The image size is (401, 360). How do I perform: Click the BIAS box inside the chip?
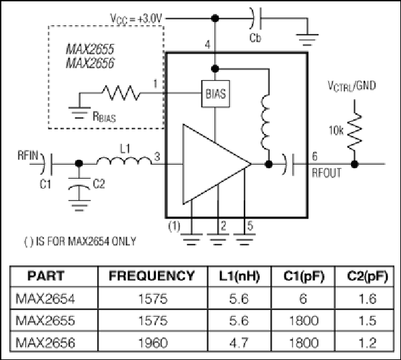[215, 93]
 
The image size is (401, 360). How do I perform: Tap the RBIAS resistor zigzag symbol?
[121, 93]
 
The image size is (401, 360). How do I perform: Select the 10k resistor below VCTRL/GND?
[354, 132]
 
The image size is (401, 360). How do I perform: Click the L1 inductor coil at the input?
[124, 161]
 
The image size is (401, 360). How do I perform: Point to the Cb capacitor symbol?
[256, 19]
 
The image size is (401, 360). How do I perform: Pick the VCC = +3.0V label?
[136, 19]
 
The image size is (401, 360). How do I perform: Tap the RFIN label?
[28, 155]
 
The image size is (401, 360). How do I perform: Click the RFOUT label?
[326, 173]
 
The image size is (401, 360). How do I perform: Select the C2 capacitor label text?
[99, 184]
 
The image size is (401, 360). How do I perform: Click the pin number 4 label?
[208, 45]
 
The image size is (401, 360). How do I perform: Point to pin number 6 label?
[315, 156]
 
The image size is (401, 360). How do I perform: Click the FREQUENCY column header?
[152, 275]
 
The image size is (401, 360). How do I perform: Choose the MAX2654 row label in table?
[45, 299]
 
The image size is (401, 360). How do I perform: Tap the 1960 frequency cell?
[153, 343]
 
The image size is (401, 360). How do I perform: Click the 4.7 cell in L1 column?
[239, 343]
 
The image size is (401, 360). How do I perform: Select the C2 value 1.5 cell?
[368, 321]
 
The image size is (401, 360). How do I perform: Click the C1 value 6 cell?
[303, 299]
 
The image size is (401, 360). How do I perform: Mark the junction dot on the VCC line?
[215, 19]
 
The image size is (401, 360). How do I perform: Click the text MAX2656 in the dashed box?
[90, 63]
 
